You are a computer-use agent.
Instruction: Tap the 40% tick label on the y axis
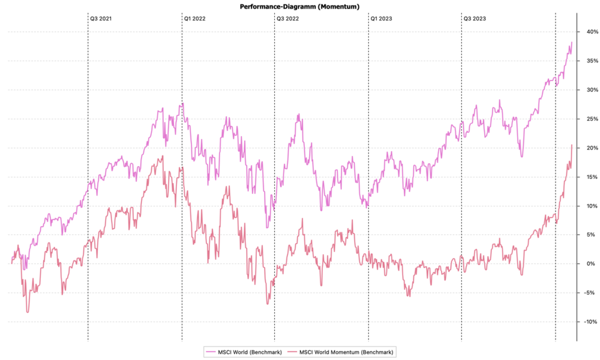coord(590,32)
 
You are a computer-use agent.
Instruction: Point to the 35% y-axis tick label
coord(590,61)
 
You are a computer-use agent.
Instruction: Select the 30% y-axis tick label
coord(590,90)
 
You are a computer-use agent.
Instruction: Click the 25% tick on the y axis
coord(590,119)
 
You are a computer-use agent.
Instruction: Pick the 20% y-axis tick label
coord(590,148)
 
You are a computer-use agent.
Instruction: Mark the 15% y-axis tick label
coord(590,177)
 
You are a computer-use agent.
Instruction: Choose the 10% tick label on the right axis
coord(590,206)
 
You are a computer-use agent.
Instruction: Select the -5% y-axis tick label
coord(590,293)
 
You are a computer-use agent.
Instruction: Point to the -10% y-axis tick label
coord(589,322)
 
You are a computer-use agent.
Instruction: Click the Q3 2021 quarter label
coord(101,19)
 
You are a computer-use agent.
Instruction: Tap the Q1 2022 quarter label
coord(194,19)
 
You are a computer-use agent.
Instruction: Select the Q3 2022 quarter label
coord(288,19)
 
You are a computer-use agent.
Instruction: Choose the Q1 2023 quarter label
coord(382,19)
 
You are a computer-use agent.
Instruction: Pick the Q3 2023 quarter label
coord(475,19)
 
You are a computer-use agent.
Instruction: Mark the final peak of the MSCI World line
coord(572,42)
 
